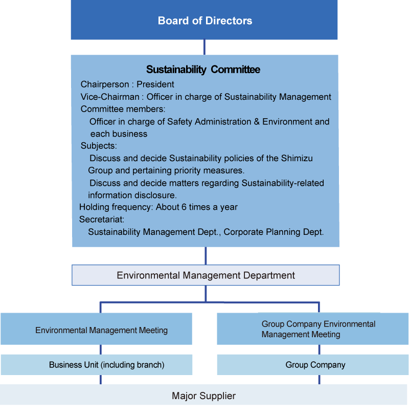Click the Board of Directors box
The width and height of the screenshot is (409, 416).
tap(204, 20)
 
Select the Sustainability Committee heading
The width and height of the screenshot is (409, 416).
tap(203, 70)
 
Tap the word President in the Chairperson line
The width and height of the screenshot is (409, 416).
tap(155, 84)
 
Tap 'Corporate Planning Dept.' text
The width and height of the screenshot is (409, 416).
tap(274, 232)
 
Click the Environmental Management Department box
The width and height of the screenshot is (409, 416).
tap(206, 275)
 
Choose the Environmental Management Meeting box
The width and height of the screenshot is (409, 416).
tap(101, 330)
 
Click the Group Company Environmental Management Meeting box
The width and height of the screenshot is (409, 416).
tap(312, 329)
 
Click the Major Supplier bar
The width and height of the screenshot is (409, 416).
tap(203, 396)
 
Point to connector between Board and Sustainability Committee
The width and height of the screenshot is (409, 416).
tap(204, 47)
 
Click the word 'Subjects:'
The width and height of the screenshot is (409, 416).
tap(99, 146)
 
